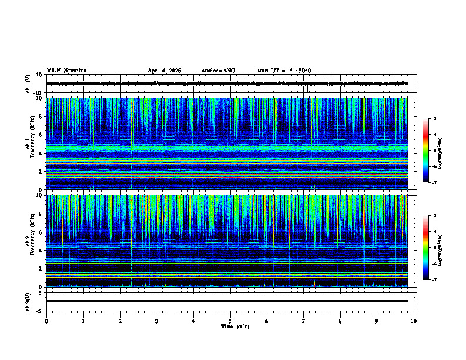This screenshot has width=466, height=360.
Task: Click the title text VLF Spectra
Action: (x=66, y=71)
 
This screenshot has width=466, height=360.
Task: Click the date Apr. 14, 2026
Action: (x=164, y=71)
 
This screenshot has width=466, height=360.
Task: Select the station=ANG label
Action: (x=218, y=71)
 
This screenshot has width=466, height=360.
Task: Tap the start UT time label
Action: (x=284, y=71)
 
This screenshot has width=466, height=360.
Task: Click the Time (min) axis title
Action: (x=235, y=326)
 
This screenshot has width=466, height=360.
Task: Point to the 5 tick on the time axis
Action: (x=230, y=321)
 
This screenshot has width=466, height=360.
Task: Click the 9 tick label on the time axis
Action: (x=377, y=321)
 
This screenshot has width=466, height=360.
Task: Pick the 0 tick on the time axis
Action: (x=46, y=321)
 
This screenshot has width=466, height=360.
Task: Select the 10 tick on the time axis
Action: (x=414, y=321)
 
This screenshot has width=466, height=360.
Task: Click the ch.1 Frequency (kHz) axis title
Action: (x=34, y=144)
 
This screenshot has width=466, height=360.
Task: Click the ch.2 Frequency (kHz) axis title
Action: (x=34, y=241)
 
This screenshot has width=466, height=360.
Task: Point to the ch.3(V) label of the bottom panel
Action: (x=28, y=301)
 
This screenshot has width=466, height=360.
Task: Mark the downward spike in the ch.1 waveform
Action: (x=307, y=89)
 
